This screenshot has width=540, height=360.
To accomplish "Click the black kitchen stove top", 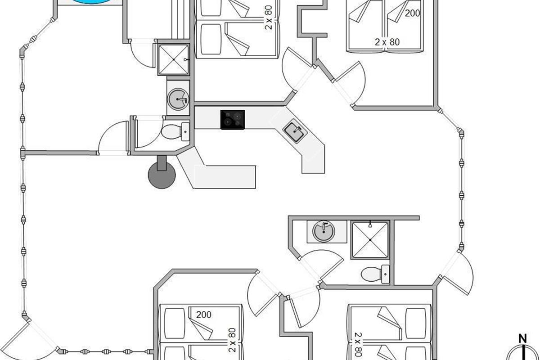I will point(233,120).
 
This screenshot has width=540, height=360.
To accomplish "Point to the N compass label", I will point(522,339).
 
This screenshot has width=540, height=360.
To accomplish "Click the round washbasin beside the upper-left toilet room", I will point(178,99).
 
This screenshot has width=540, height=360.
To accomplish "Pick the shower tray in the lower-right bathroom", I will point(370,240).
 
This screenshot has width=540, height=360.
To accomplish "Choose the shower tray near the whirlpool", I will point(173,59).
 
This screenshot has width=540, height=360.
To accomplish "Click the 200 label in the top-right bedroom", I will point(412,13).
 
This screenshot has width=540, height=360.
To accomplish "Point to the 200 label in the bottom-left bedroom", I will point(203,315).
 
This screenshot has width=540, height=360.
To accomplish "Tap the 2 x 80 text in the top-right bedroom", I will point(387,42).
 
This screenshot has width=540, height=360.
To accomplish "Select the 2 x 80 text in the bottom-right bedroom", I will point(358,344).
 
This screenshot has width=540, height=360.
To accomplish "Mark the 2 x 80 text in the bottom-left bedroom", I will point(232,340).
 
